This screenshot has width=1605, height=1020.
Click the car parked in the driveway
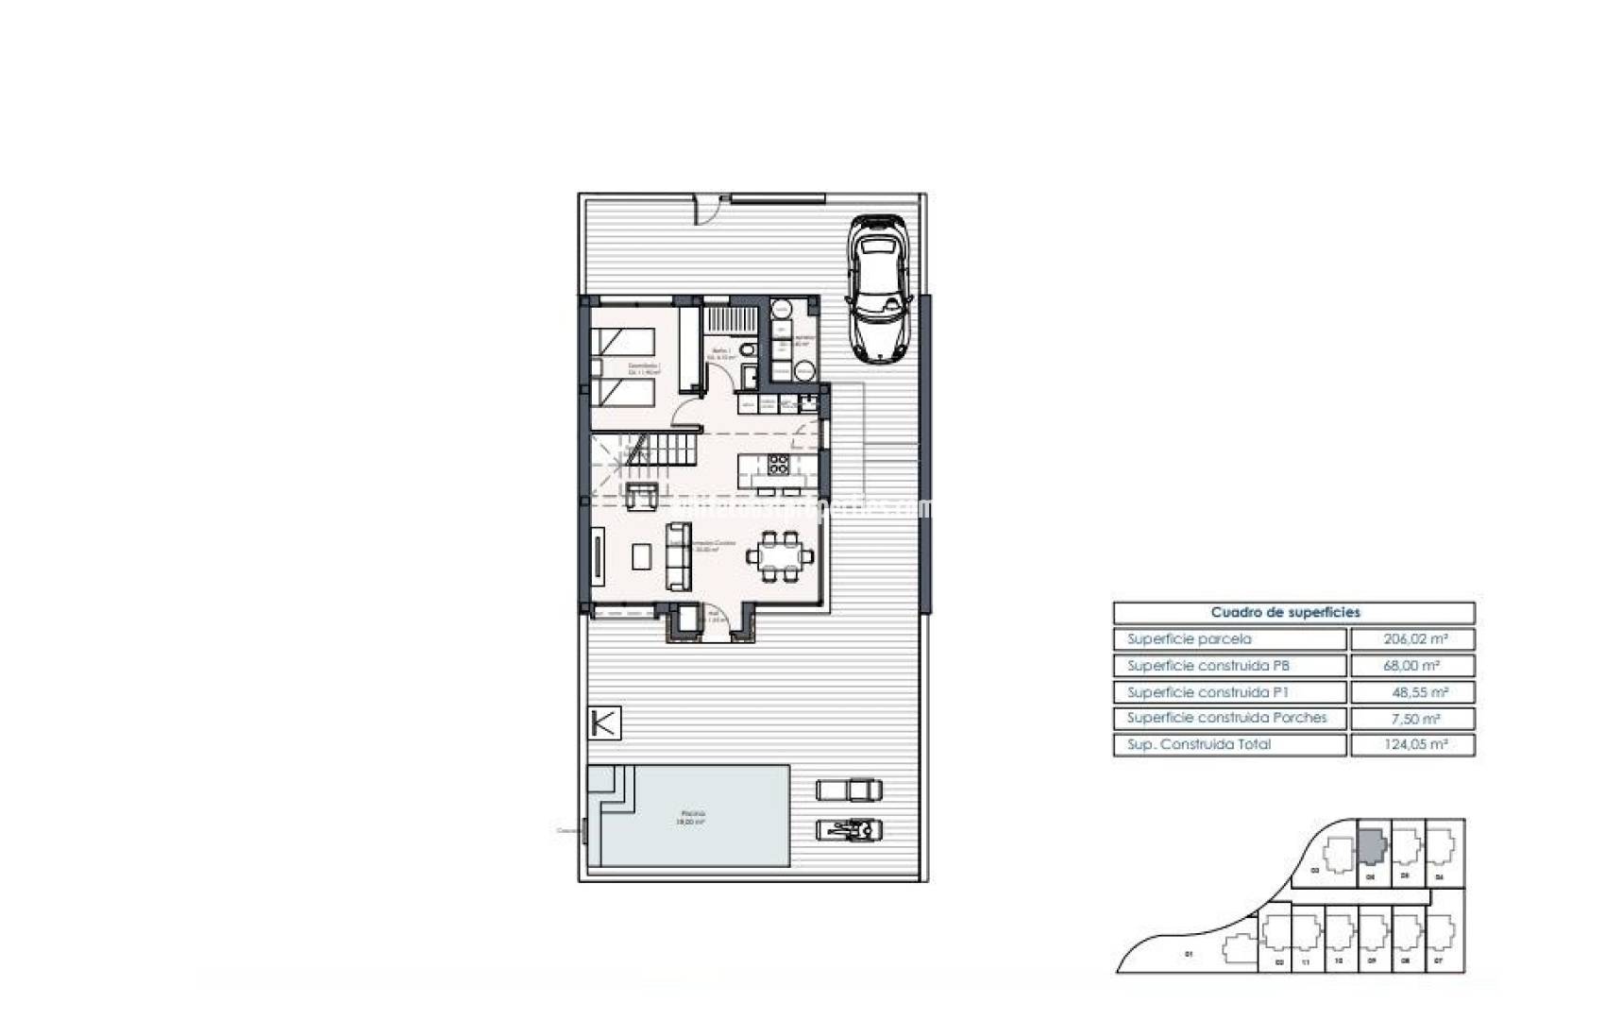point(880,289)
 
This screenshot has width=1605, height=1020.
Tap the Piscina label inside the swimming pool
point(692,817)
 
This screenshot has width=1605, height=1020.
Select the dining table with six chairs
point(781,556)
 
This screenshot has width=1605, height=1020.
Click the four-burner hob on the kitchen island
point(778,464)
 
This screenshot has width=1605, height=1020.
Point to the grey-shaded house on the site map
point(1371,846)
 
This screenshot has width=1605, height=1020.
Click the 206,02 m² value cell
point(1412,639)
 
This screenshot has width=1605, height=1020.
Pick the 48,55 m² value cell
point(1412,692)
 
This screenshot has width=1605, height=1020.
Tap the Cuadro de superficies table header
point(1293,612)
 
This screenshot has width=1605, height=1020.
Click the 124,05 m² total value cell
point(1412,745)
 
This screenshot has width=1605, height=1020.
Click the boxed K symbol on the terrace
point(604,723)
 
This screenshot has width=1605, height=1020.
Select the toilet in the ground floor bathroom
point(748,351)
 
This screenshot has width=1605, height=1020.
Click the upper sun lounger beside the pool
point(849,789)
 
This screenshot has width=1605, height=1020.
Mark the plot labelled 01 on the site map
point(1189,954)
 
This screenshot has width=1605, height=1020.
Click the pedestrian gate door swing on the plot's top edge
point(704,210)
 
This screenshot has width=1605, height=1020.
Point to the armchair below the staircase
point(643,495)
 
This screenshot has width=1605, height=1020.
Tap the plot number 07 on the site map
point(1438,961)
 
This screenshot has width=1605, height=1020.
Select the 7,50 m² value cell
point(1412,719)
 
